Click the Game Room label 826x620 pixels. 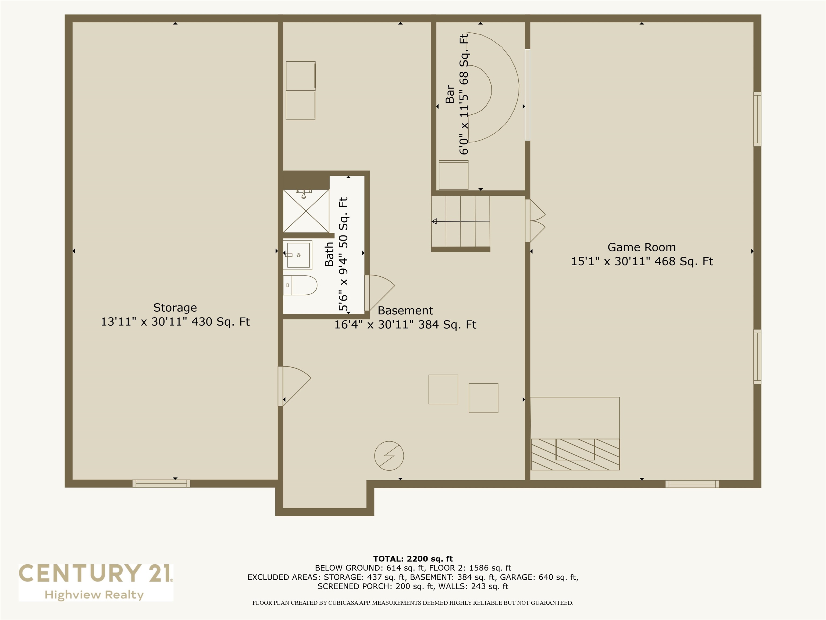[641, 247]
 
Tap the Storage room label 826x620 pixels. [175, 308]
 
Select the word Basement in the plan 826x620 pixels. [405, 311]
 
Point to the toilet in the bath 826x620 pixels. [301, 286]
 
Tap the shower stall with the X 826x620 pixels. [306, 211]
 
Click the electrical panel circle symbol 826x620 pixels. [389, 456]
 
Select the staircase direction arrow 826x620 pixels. [460, 222]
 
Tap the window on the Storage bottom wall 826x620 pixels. [161, 484]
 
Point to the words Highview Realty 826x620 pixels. [94, 595]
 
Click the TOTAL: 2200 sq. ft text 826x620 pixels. [413, 559]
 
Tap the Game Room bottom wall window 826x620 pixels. [692, 484]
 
